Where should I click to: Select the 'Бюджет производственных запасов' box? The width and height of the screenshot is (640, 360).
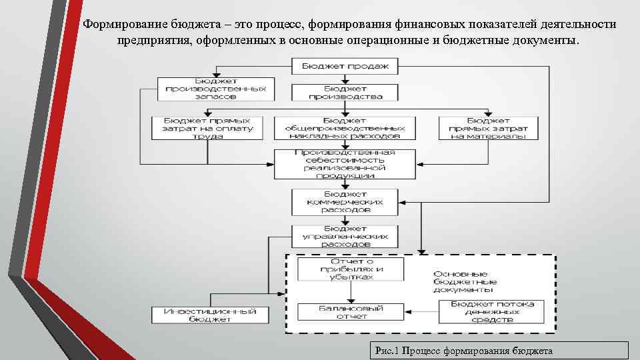click(216, 89)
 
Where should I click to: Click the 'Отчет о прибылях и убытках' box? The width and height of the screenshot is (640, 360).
click(351, 269)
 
